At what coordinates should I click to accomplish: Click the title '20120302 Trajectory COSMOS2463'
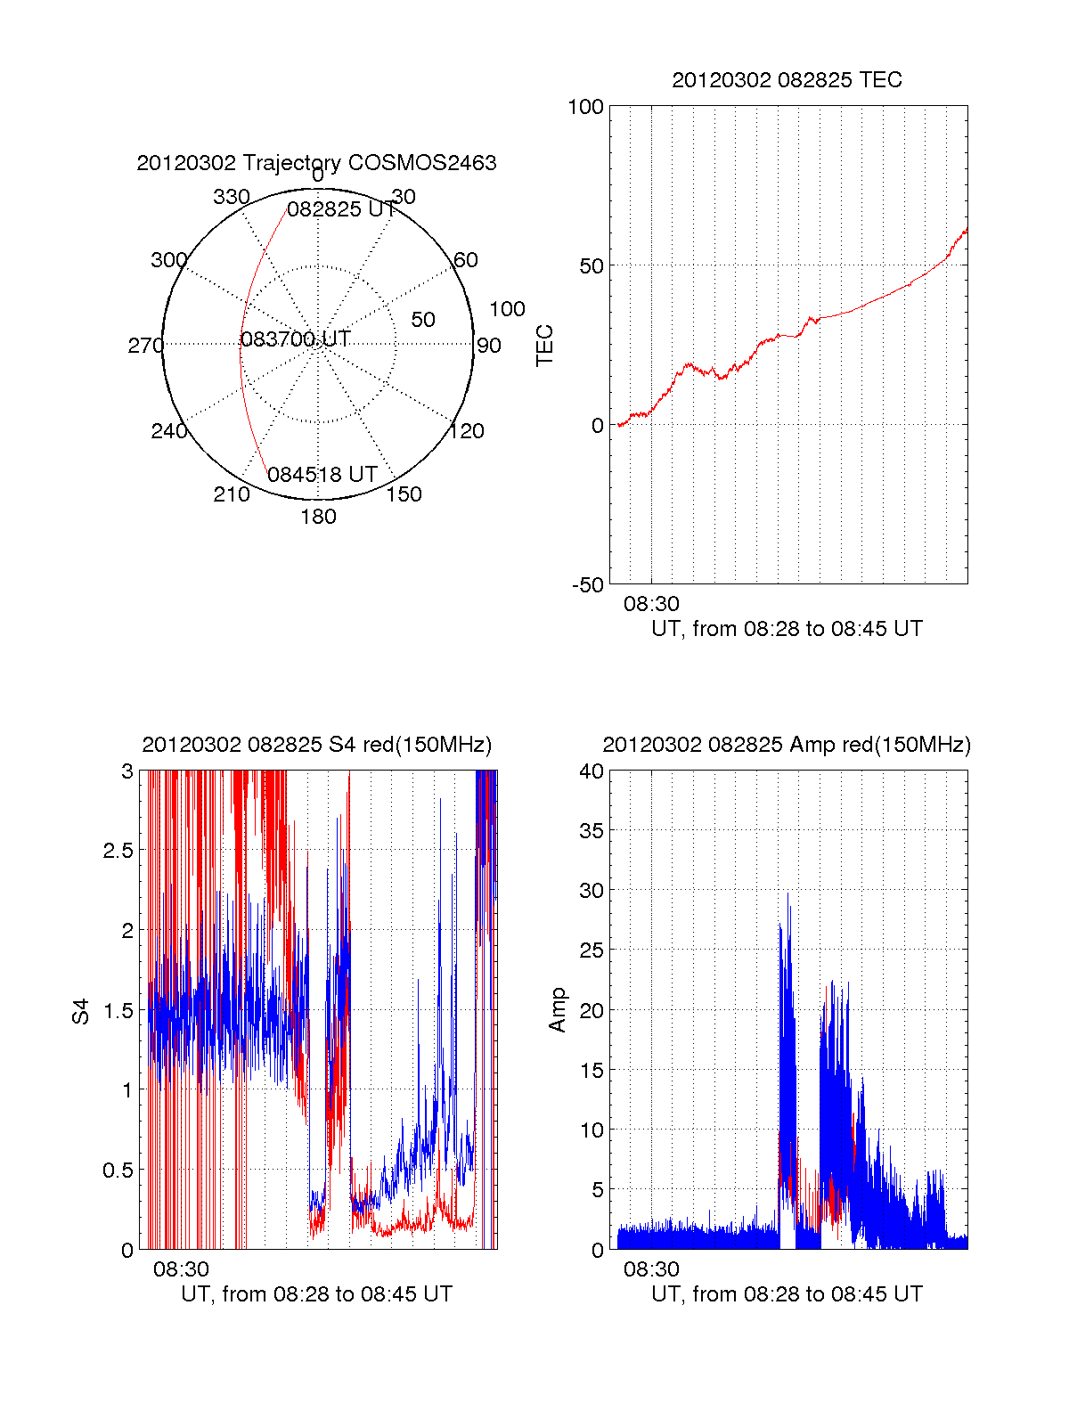tap(316, 163)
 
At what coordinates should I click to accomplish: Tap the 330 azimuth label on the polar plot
tap(232, 197)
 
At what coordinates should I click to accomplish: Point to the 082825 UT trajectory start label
tap(341, 209)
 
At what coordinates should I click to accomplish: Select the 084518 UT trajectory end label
tap(322, 475)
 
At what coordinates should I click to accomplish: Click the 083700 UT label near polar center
tap(296, 339)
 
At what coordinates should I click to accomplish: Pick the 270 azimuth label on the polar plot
tap(145, 346)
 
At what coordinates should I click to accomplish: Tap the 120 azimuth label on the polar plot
tap(467, 431)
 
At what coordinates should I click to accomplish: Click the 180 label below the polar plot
tap(318, 517)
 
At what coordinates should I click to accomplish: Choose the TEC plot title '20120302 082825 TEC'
tap(787, 80)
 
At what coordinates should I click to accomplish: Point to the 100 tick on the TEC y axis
tap(585, 107)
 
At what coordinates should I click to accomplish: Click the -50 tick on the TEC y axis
tap(587, 585)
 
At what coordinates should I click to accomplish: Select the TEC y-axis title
tap(544, 346)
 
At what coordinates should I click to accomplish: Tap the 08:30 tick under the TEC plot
tap(651, 604)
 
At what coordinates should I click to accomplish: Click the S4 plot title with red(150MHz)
tap(316, 745)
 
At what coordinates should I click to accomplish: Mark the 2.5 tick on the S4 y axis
tap(118, 851)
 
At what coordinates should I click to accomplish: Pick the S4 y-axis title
tap(81, 1011)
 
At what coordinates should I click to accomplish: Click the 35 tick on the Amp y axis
tap(592, 831)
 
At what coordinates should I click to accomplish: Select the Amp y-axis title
tap(558, 1010)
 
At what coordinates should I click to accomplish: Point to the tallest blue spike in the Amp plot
tap(787, 894)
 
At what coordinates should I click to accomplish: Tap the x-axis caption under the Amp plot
tap(787, 1294)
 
